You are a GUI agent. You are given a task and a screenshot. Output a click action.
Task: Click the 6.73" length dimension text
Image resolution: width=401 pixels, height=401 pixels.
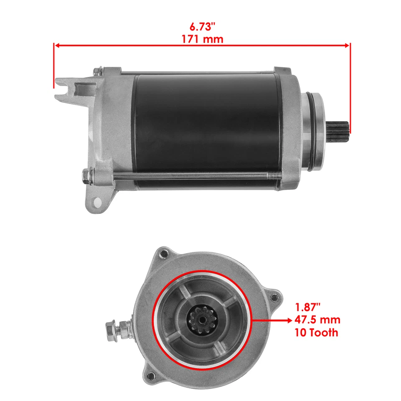[202, 27]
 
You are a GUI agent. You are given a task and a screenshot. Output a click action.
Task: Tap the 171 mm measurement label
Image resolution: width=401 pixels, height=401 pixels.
[202, 39]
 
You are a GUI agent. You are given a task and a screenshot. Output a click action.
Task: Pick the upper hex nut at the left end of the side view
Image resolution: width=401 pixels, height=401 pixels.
[96, 72]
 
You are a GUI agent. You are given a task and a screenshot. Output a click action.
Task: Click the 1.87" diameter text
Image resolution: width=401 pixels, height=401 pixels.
[309, 308]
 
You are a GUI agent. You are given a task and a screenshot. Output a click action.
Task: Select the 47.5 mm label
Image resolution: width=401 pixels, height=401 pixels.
[318, 320]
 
